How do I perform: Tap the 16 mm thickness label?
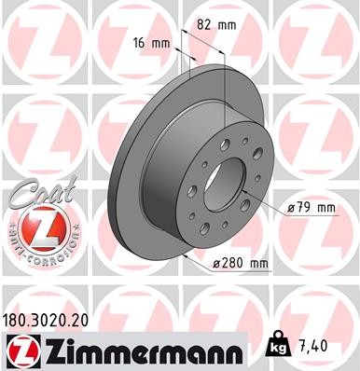click(154, 42)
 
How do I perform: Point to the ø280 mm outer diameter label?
click(241, 265)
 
